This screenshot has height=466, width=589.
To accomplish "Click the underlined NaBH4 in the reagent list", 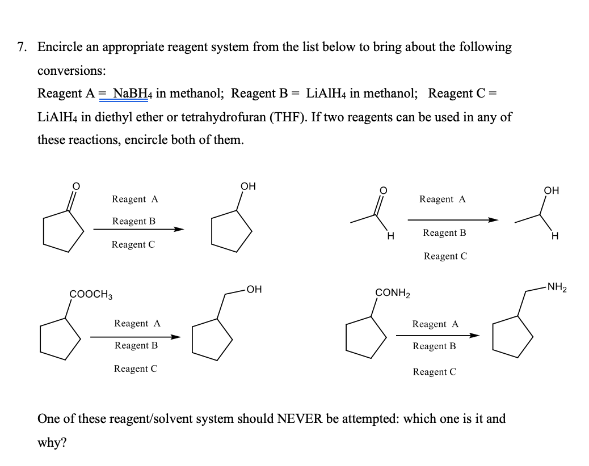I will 131,93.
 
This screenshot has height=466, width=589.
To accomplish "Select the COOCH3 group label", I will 91,294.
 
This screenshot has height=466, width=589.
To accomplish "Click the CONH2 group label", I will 393,293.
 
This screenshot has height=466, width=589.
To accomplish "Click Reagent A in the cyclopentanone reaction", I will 135,199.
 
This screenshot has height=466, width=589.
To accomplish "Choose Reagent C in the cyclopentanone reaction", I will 133,244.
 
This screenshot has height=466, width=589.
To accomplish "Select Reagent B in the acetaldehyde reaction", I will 444,233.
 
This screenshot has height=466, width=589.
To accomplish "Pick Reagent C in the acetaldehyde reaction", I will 445,256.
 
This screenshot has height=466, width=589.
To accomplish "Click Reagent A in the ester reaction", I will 137,323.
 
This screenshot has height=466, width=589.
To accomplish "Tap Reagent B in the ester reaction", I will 136,345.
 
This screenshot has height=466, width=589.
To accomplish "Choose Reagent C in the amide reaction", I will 435,372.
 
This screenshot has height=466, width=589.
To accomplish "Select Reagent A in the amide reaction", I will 435,324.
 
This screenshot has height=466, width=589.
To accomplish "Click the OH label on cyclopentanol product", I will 248,186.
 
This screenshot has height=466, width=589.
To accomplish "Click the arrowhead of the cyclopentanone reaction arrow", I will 179,230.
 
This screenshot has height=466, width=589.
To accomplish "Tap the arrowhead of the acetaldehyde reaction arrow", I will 493,221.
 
